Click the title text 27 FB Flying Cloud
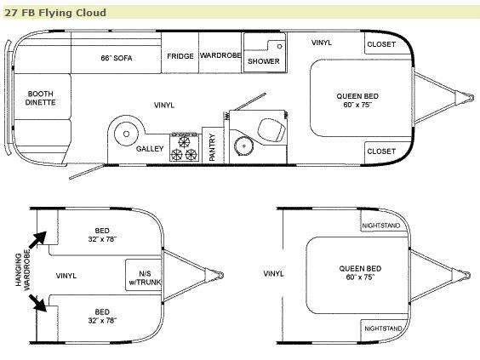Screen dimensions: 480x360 click(55, 13)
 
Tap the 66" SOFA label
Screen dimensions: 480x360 click(117, 58)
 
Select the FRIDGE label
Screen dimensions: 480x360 click(180, 56)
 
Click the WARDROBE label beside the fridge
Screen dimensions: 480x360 click(220, 55)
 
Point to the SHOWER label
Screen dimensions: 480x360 click(264, 61)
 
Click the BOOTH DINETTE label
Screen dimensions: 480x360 click(40, 98)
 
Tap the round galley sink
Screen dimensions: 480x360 click(126, 134)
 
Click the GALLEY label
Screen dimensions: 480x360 click(150, 149)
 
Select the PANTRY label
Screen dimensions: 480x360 click(212, 147)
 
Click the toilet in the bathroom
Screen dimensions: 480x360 click(271, 131)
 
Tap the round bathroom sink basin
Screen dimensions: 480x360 click(243, 146)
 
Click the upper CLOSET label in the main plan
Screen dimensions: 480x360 click(381, 44)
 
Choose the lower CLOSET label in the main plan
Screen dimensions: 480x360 click(381, 151)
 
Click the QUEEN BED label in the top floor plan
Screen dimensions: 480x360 click(357, 96)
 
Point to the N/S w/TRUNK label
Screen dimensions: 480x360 click(145, 277)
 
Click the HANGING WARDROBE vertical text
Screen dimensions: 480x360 click(23, 270)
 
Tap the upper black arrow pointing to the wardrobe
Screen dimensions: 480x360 click(38, 239)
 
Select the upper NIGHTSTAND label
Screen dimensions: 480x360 click(381, 226)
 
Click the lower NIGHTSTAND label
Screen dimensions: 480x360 click(383, 329)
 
